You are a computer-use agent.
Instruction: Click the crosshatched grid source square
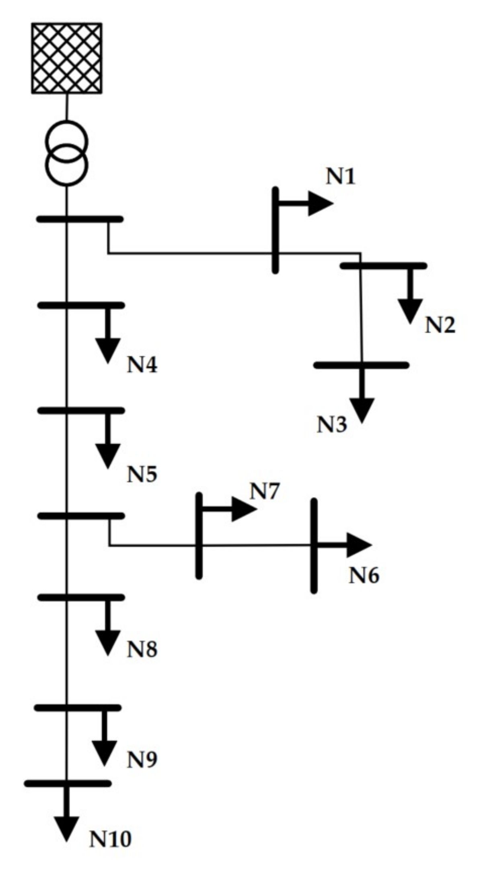tap(67, 58)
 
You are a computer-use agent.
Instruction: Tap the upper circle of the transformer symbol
tap(67, 141)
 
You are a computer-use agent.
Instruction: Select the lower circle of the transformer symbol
tap(67, 165)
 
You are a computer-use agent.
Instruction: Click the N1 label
tap(341, 177)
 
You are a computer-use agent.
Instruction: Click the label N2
tap(440, 325)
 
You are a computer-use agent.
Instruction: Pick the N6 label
tap(364, 576)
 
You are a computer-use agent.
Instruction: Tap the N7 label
tap(264, 492)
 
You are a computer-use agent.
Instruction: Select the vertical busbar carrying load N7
tap(199, 535)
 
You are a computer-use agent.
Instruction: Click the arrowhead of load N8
tap(108, 642)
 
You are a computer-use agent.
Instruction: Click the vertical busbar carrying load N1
tap(275, 230)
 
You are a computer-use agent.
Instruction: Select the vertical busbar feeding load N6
tap(314, 545)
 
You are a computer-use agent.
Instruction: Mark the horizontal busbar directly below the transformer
tap(80, 219)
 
